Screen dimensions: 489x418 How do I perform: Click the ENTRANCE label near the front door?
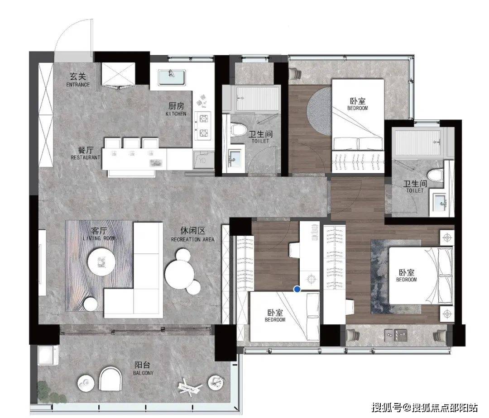pyautogui.click(x=78, y=85)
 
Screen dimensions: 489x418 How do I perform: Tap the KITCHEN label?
pyautogui.click(x=176, y=114)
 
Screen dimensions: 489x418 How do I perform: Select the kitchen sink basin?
pyautogui.click(x=172, y=77)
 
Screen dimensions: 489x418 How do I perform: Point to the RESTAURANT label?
pyautogui.click(x=86, y=157)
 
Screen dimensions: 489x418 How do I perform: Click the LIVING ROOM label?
pyautogui.click(x=99, y=238)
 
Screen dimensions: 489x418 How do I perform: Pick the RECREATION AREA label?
pyautogui.click(x=193, y=239)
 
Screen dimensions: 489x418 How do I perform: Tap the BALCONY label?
pyautogui.click(x=143, y=373)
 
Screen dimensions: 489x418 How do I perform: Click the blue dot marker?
pyautogui.click(x=297, y=290)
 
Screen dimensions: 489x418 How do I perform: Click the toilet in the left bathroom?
pyautogui.click(x=239, y=129)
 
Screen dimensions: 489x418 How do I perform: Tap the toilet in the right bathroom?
pyautogui.click(x=436, y=176)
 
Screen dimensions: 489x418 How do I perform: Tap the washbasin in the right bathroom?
pyautogui.click(x=441, y=203)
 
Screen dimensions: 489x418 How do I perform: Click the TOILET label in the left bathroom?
pyautogui.click(x=260, y=141)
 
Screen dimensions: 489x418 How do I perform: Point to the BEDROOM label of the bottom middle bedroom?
pyautogui.click(x=275, y=319)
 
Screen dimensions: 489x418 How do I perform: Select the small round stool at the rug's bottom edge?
pyautogui.click(x=91, y=304)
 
